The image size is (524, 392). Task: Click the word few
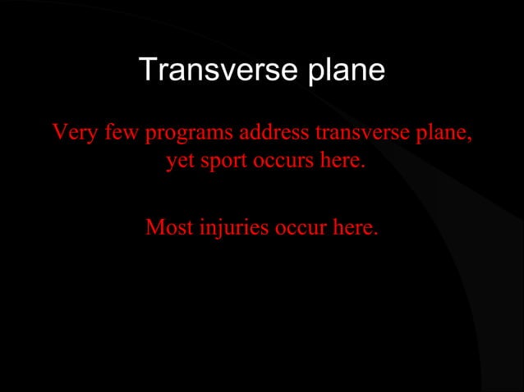[x=122, y=132]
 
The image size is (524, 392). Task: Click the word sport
[x=223, y=162]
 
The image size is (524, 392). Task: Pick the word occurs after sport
[x=282, y=161]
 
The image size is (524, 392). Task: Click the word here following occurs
[x=339, y=161]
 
